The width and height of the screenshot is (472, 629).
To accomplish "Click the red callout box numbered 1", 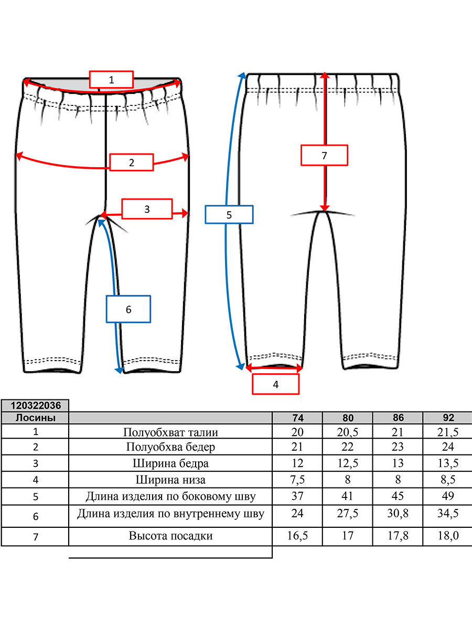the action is (111, 79).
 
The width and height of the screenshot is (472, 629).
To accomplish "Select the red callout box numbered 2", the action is (132, 162).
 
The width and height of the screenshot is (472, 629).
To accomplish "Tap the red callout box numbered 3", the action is (147, 209).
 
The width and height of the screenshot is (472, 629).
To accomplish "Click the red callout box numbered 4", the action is (276, 384).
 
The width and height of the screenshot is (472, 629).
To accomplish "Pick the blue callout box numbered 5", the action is (229, 214).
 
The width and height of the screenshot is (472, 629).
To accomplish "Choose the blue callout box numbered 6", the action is (128, 309).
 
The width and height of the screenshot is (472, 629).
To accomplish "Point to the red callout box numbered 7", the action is (324, 155).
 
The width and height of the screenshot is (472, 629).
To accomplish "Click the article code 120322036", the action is (36, 406).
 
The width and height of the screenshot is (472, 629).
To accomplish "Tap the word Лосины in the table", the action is (36, 418).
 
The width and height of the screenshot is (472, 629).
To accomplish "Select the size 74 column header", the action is (298, 418).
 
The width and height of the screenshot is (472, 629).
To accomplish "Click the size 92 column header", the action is (448, 418).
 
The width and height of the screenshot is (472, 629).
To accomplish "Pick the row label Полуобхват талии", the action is (170, 432).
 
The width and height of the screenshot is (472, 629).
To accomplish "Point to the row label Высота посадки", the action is (170, 536).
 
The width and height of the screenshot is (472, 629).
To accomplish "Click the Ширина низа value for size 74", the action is (297, 480).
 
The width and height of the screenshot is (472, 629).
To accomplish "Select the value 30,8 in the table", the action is (398, 513).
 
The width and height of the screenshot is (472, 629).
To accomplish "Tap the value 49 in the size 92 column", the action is (448, 496).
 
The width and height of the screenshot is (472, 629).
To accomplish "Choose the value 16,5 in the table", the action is (297, 536).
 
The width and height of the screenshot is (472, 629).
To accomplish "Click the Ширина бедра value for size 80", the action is (348, 463).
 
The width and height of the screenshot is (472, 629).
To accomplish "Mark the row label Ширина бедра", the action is (170, 463).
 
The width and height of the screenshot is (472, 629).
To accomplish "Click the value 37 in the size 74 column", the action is (297, 496).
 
